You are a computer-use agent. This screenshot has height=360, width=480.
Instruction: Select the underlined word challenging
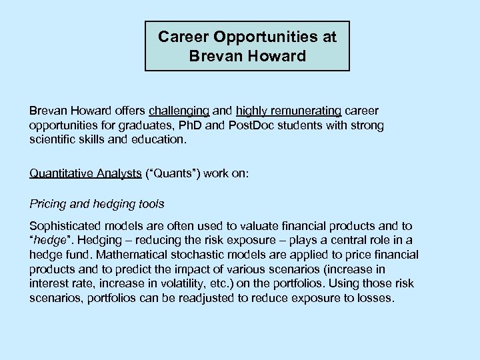tap(179, 110)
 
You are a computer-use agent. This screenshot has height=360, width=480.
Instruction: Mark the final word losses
tap(376, 298)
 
